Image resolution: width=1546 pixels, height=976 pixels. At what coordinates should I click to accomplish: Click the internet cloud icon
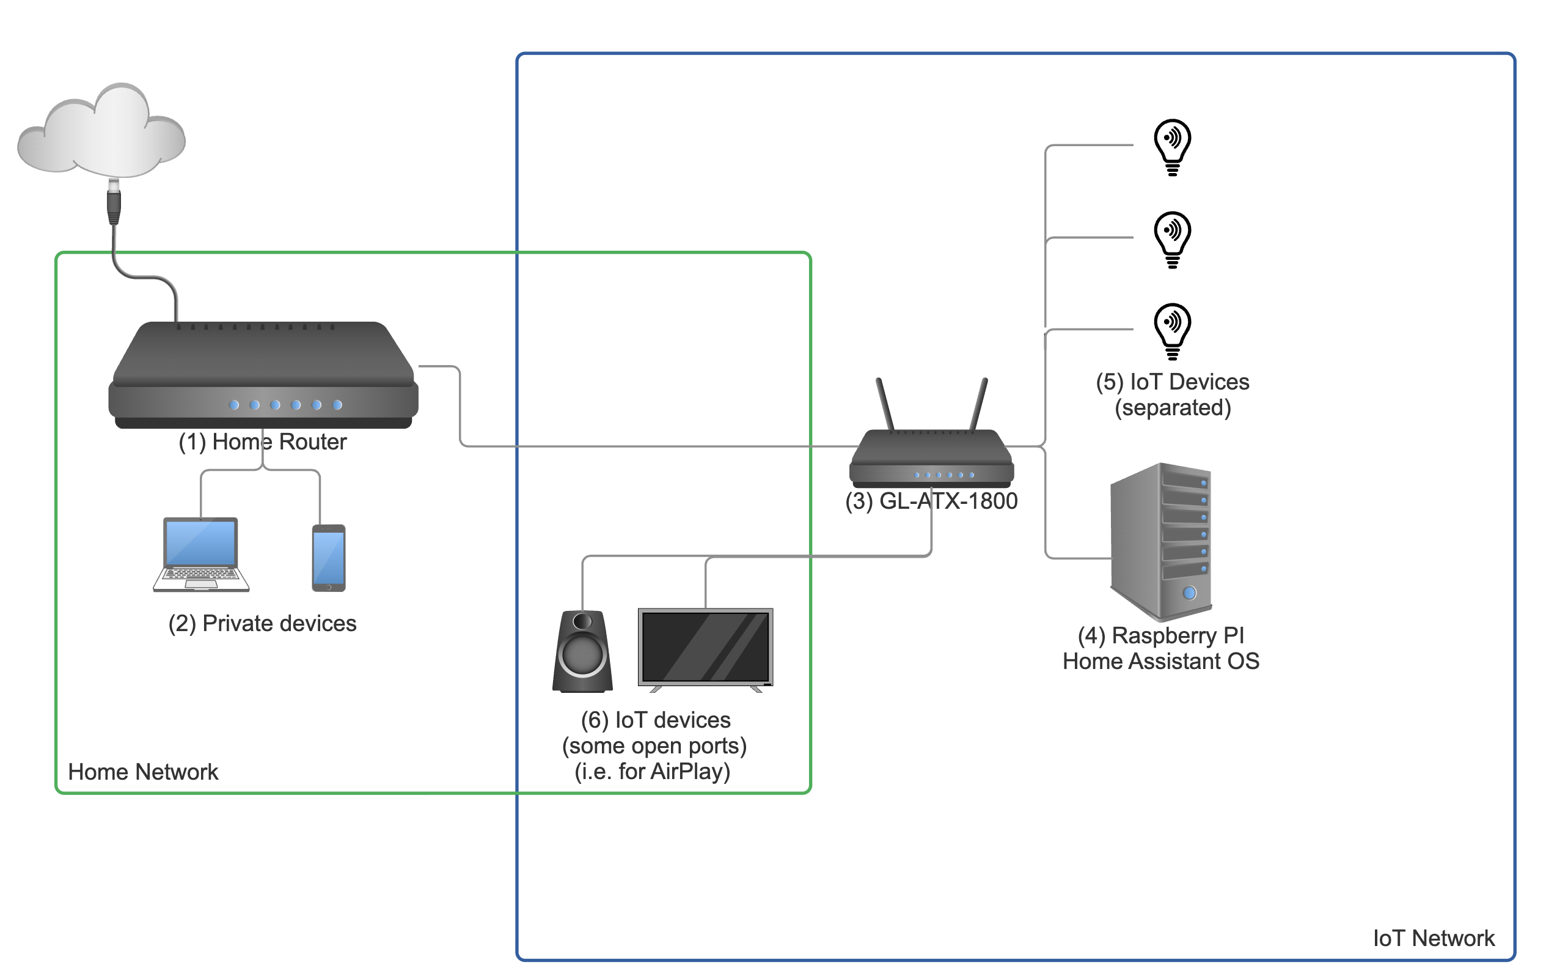[x=101, y=131]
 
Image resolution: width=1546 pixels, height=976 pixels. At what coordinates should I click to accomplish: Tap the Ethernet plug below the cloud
[x=114, y=202]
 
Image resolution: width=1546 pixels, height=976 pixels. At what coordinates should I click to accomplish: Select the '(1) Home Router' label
[x=263, y=442]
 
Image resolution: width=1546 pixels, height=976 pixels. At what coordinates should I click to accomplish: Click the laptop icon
[x=201, y=554]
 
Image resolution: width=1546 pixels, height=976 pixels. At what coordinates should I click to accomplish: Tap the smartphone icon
[x=329, y=558]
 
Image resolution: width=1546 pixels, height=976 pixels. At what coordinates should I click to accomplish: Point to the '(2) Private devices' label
[x=262, y=623]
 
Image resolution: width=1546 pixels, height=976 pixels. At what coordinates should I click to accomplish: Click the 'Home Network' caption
[x=143, y=772]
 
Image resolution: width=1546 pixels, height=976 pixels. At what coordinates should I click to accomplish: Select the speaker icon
[x=582, y=651]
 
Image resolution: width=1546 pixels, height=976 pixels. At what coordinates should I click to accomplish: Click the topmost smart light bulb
[x=1173, y=147]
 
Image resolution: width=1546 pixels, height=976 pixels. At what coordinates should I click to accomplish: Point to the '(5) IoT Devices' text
[x=1173, y=382]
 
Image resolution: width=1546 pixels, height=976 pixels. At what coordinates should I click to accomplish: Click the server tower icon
[x=1161, y=541]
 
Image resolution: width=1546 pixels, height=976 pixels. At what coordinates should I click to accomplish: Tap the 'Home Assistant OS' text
[x=1161, y=661]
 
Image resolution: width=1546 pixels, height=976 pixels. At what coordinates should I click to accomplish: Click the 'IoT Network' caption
[x=1434, y=938]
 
